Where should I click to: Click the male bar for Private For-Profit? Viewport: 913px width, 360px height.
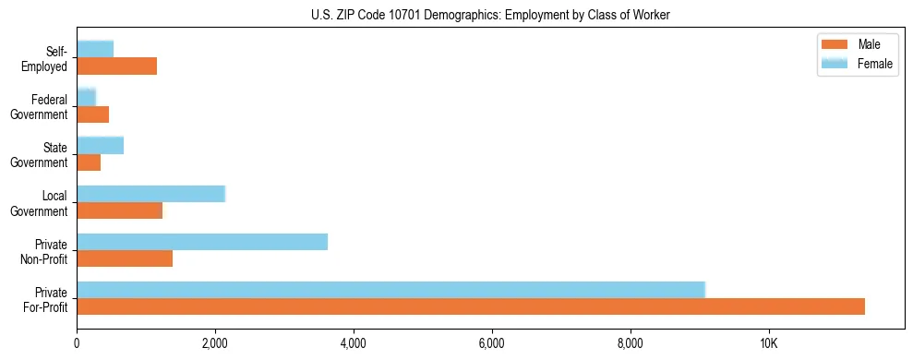(x=471, y=306)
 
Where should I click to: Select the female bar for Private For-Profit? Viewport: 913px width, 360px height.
(x=390, y=290)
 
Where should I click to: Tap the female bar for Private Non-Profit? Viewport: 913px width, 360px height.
(x=202, y=242)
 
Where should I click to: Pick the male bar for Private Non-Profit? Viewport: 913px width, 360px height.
(x=125, y=258)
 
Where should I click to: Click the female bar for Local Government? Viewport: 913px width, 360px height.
(x=150, y=194)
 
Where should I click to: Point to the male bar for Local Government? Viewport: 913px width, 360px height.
(x=119, y=210)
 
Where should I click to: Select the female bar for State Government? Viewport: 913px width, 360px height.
(x=100, y=145)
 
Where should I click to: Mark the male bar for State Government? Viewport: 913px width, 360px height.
(x=89, y=162)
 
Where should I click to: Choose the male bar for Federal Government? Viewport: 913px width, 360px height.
(x=92, y=114)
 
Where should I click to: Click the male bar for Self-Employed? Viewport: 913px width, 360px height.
(x=116, y=66)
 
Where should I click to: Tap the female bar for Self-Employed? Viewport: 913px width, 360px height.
(x=95, y=49)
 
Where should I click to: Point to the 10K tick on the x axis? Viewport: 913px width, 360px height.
(x=768, y=343)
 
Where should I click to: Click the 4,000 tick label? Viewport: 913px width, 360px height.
(x=354, y=343)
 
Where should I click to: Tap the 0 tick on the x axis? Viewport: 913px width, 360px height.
(x=77, y=343)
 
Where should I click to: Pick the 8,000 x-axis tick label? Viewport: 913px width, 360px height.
(x=631, y=343)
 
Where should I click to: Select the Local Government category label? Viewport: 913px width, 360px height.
(x=42, y=203)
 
